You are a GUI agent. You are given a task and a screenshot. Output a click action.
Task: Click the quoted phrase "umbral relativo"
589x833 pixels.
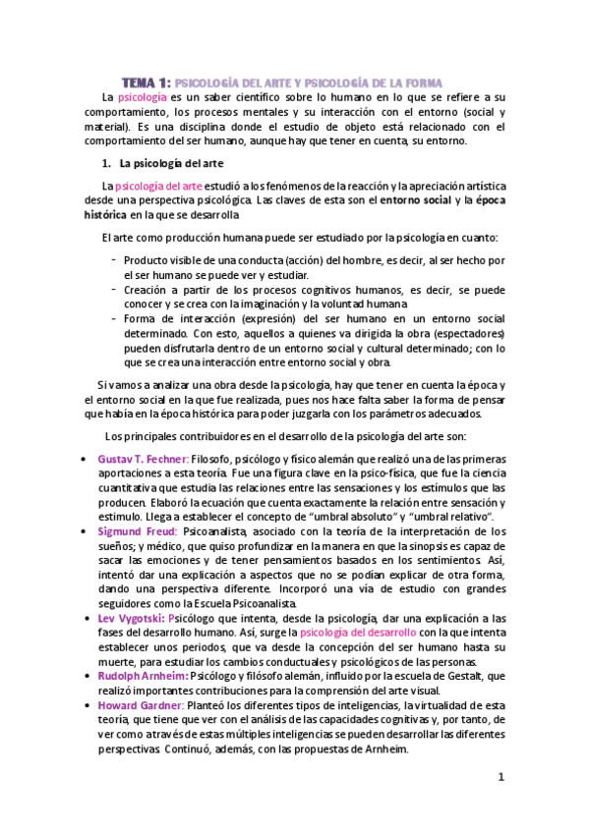(467, 516)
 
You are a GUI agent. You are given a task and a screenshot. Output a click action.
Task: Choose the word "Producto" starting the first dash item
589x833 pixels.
(147, 260)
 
